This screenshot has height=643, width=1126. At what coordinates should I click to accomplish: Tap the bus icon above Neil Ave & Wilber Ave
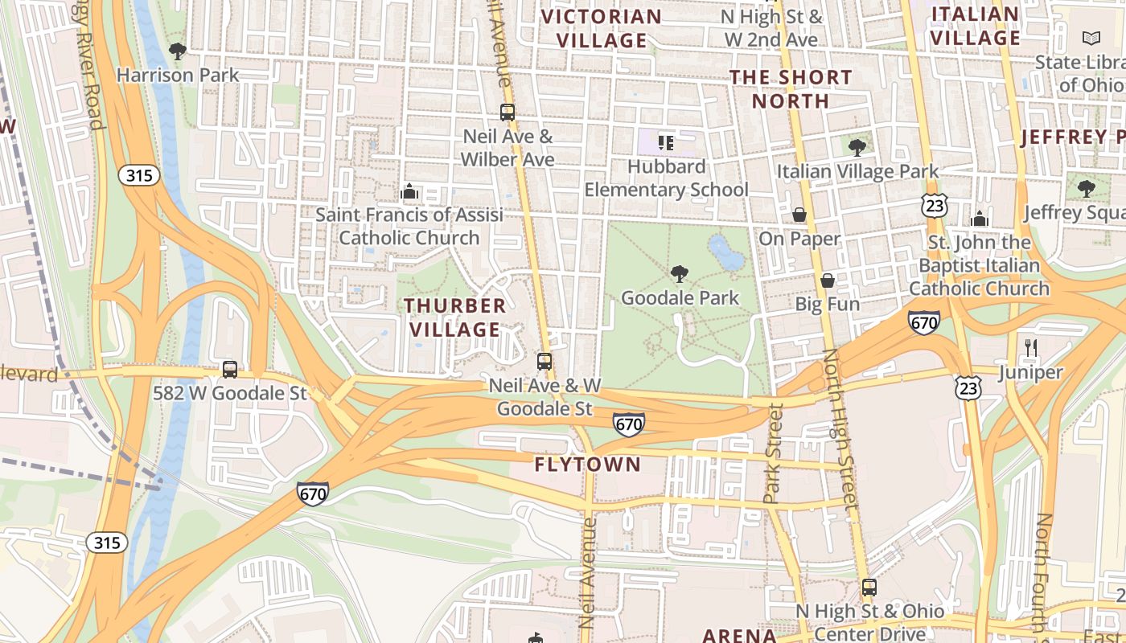[x=507, y=113]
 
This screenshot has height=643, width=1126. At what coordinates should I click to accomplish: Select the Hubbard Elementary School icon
[x=666, y=143]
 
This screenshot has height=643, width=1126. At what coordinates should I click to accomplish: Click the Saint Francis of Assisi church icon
[x=409, y=192]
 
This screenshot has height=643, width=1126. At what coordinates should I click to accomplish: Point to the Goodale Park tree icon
[x=680, y=274]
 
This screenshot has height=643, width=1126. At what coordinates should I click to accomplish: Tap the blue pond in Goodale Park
[x=726, y=253]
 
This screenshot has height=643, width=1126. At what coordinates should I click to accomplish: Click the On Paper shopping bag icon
[x=799, y=215]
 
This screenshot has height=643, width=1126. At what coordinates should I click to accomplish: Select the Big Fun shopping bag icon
[x=827, y=281]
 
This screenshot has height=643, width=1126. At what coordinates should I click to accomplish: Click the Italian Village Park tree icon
[x=857, y=147]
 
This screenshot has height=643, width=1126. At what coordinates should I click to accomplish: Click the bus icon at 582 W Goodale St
[x=230, y=370]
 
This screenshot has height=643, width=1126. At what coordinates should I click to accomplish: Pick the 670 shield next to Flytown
[x=629, y=424]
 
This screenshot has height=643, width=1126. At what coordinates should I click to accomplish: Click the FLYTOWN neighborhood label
[x=588, y=465]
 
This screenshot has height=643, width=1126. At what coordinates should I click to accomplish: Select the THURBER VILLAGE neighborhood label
[x=455, y=317]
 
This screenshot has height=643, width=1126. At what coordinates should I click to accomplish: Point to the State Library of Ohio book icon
[x=1091, y=38]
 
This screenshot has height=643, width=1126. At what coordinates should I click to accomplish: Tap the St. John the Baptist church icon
[x=979, y=219]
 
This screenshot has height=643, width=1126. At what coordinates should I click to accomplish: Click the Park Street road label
[x=774, y=454]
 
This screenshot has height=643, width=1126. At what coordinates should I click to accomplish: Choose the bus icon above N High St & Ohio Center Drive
[x=869, y=588]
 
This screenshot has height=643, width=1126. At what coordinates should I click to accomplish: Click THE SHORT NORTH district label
[x=791, y=89]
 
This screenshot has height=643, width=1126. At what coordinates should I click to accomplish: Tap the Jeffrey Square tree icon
[x=1087, y=189]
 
